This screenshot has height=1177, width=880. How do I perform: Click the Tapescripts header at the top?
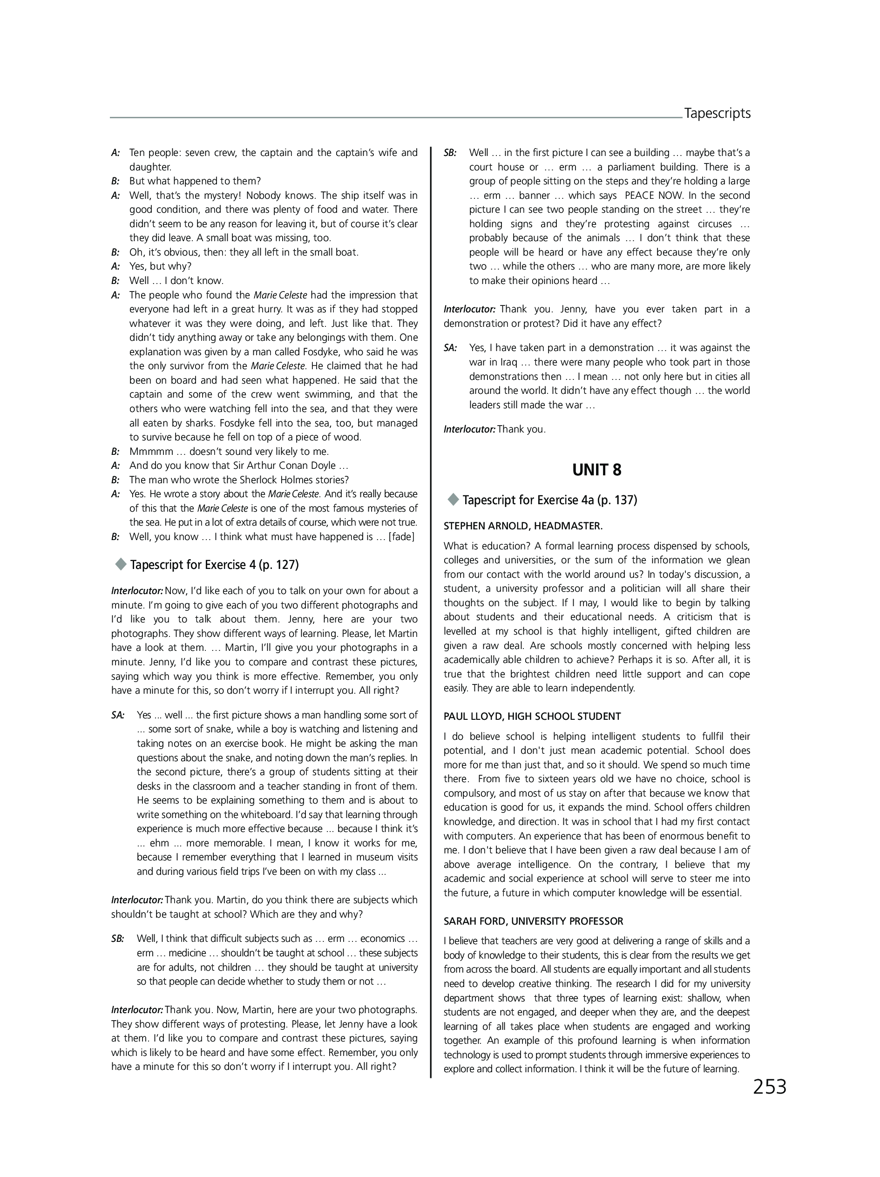coord(717,113)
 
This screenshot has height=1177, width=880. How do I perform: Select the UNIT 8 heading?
coord(596,470)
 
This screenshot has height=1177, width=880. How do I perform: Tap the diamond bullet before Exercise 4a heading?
coord(454,499)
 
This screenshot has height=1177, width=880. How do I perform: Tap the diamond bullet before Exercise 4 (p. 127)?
coord(121,564)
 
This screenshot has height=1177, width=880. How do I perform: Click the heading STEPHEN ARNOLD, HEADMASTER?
coord(523,526)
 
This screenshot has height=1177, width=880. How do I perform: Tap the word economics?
coord(383,938)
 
